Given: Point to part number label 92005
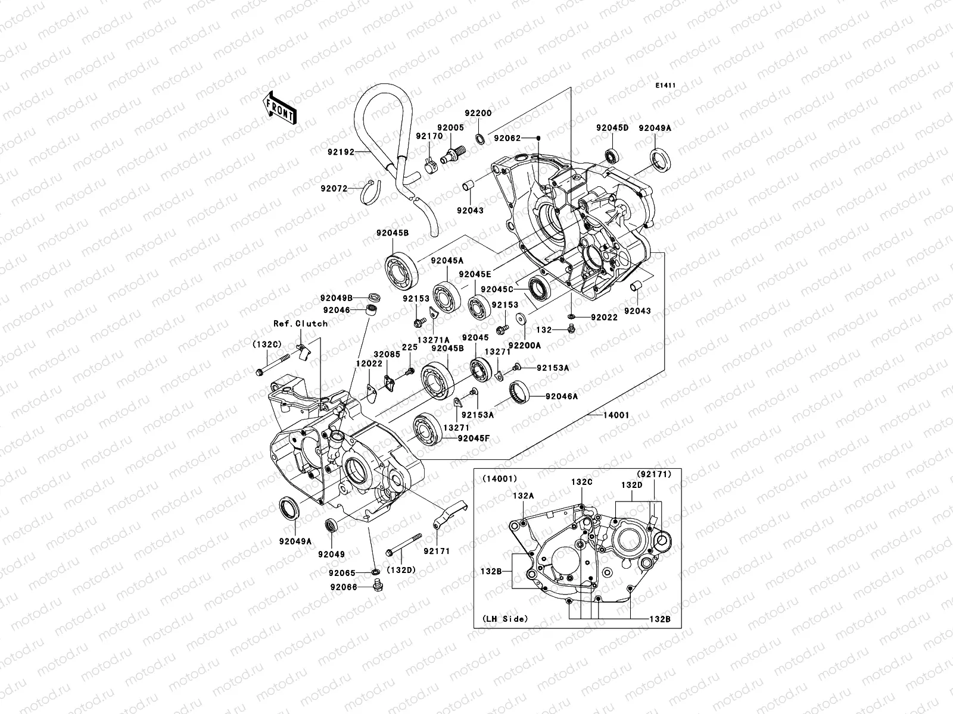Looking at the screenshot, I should coord(450,127).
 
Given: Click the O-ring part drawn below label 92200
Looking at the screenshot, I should coord(479,139).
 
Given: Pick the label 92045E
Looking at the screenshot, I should coord(474,274).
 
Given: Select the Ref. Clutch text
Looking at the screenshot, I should coord(300,324).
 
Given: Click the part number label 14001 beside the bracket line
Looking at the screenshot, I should coord(616,415).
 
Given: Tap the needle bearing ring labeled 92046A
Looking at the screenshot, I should coord(520,392).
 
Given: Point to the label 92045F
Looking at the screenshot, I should coord(473,439).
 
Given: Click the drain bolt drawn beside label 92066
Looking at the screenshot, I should coord(376,588).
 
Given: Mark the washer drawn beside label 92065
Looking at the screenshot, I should coord(376,572).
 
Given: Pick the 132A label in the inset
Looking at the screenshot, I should coord(523,494).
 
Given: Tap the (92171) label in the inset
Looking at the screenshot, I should coord(653,474).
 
